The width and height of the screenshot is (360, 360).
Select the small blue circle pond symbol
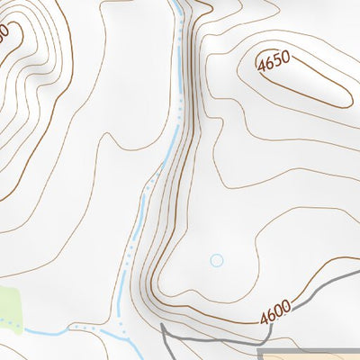[x=216, y=260]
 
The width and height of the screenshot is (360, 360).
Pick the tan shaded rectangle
[x=315, y=354]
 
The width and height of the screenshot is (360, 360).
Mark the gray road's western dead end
[x=161, y=325]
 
